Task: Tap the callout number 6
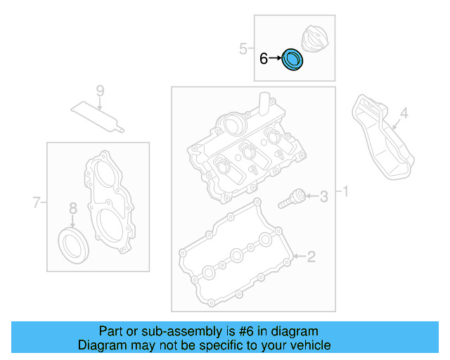[x=264, y=59]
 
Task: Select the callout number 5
[x=243, y=49]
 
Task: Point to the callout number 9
[x=99, y=91]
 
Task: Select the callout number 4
[x=404, y=112]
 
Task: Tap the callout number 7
[x=37, y=203]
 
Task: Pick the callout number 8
[x=72, y=207]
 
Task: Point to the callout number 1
[x=344, y=191]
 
